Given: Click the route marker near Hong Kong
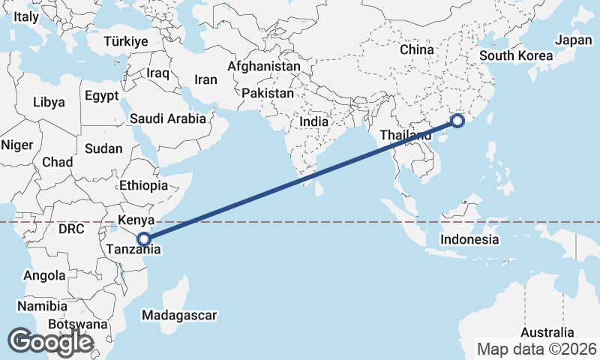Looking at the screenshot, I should (458, 121).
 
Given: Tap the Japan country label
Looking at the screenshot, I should (573, 40).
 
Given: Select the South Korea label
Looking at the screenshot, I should (516, 55).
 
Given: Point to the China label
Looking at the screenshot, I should (417, 49).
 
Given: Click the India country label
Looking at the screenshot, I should (315, 121).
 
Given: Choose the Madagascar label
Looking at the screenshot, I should (179, 314).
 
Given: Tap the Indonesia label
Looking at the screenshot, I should (469, 240).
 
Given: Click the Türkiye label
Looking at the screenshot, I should (125, 41).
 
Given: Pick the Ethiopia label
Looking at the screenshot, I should (143, 185).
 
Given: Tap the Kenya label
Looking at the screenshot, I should (136, 220).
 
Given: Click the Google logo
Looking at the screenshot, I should (50, 342).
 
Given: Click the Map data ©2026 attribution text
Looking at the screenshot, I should (537, 349).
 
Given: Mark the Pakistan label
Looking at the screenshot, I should (268, 94).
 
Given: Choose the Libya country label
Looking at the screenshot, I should (49, 101).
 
